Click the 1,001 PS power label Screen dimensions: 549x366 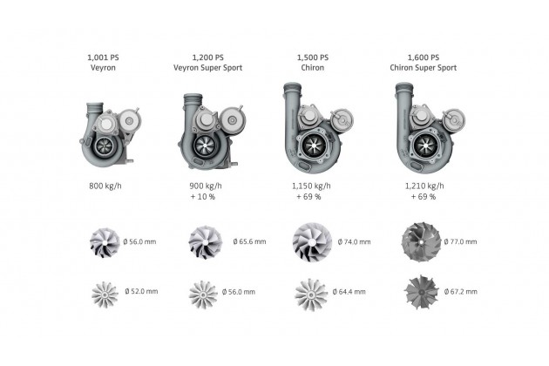103,58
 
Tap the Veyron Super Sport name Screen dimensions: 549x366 207,68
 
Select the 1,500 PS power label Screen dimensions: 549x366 313,58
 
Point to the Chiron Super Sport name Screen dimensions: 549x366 424,68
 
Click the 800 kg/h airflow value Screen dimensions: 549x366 105,186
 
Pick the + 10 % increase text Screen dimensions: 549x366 203,197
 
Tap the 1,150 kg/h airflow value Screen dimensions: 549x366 311,186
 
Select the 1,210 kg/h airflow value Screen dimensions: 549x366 424,186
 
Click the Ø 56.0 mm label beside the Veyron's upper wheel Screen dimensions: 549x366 139,241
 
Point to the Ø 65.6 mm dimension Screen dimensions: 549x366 249,241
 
